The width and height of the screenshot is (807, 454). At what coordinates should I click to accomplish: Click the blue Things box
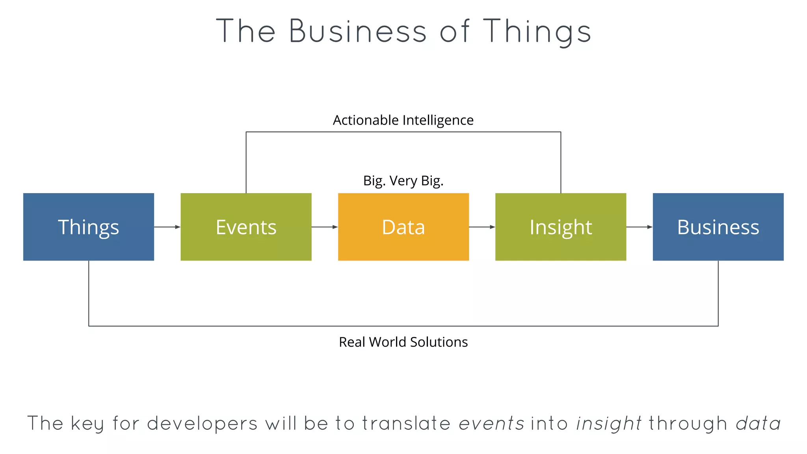pos(88,227)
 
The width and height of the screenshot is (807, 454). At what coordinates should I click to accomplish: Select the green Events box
pos(246,227)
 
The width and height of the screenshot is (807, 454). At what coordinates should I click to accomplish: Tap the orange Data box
pos(403,227)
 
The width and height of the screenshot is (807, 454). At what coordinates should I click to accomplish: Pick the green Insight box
pos(560,227)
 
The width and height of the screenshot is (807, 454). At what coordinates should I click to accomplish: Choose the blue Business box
pos(718,227)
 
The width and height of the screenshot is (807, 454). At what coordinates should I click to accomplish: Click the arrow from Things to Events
pos(167,227)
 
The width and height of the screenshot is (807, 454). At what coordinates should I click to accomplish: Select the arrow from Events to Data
pos(325,227)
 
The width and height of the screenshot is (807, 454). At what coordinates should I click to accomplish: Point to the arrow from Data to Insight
pos(482,227)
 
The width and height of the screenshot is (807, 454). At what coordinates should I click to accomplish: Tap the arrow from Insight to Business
pos(639,227)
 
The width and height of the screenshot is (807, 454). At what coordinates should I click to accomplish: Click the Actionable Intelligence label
pos(403,120)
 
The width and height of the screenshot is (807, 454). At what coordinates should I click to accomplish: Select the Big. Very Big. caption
pos(403,181)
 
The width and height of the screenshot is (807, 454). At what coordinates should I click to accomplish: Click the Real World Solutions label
pos(403,342)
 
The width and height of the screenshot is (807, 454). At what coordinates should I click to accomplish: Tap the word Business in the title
pos(358,32)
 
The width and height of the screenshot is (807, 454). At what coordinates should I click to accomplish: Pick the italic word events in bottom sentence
pos(491,424)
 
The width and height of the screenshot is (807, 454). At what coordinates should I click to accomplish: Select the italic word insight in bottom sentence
pos(609,424)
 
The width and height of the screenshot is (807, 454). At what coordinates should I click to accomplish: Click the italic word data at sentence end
pos(758,424)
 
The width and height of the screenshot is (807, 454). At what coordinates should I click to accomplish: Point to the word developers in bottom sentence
pos(202,424)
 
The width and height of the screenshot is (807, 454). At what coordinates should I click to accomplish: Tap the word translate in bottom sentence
pos(406,424)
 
